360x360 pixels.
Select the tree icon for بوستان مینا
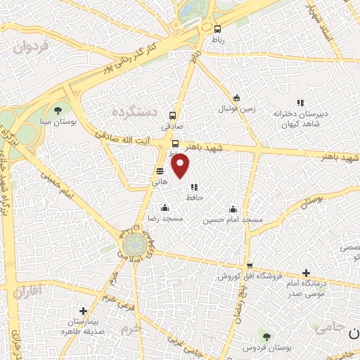click(x=58, y=110)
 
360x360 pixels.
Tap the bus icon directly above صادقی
click(x=172, y=116)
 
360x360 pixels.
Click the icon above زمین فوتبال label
click(x=237, y=98)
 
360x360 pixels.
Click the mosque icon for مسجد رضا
click(x=165, y=207)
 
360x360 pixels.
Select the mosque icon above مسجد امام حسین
click(x=233, y=208)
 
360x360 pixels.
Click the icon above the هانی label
click(x=160, y=170)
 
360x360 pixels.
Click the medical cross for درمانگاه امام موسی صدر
click(x=305, y=273)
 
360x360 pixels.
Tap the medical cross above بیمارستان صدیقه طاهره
click(x=83, y=311)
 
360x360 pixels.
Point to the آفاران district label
click(x=27, y=290)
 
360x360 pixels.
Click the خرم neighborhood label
click(x=129, y=328)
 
